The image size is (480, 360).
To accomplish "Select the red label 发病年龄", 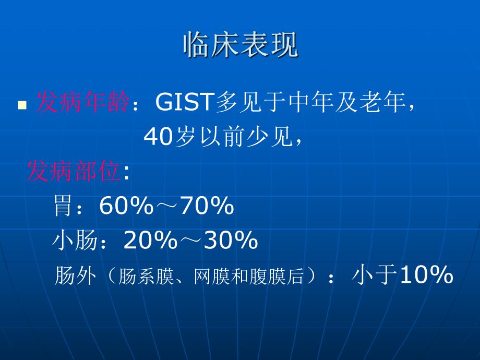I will coord(81,103).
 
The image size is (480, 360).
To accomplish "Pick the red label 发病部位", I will coord(74,172).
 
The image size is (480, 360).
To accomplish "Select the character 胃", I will coord(63,207).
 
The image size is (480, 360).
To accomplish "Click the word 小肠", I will coord(75,241).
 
